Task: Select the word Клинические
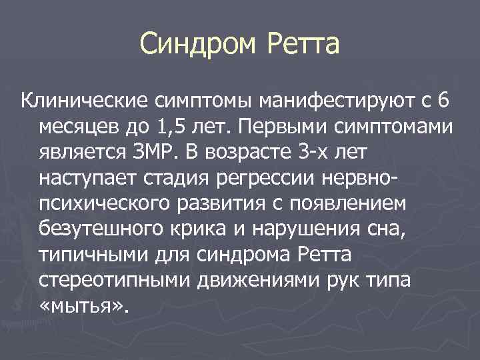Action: click(85, 101)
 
